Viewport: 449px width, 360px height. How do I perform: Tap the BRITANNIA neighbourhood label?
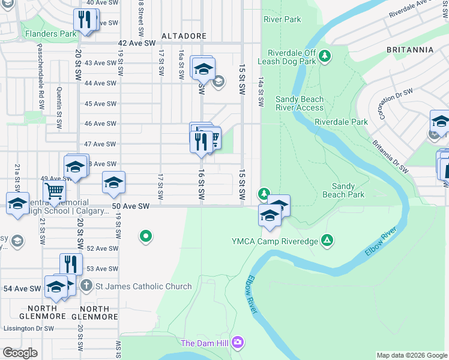pos(410,50)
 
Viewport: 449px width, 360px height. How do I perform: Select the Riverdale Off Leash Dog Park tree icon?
pos(325,56)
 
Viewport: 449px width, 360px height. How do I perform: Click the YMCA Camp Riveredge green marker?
pos(327,241)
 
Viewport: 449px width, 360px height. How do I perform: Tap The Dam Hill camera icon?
pos(238,342)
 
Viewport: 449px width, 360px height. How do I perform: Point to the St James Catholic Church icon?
pos(87,286)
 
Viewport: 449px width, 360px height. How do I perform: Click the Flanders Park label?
pos(51,34)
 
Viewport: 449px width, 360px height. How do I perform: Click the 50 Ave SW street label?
pos(130,206)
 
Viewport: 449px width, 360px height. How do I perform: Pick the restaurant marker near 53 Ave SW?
pos(71,263)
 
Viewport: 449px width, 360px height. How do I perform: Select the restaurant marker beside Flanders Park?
pos(86,19)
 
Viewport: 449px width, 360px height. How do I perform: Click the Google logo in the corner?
pos(20,352)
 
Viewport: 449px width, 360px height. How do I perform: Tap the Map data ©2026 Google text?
pos(411,355)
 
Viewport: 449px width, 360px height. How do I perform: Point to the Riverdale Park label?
pos(341,122)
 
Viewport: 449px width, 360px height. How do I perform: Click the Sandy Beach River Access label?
pos(300,103)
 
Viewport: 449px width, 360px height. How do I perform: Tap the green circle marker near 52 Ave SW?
pos(145,236)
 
